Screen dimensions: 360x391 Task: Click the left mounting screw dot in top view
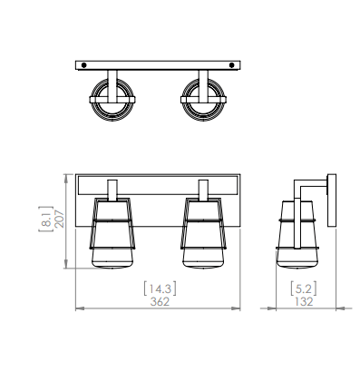84,65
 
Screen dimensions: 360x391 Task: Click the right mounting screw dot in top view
232,65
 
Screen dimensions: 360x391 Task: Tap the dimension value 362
160,301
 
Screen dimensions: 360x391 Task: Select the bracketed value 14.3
160,288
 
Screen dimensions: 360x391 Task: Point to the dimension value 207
60,219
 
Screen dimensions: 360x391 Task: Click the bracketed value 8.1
46,219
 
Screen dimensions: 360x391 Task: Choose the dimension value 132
304,301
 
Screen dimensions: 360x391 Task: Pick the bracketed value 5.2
304,288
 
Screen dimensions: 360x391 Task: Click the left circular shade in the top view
112,100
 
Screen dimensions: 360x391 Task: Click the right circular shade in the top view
203,100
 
